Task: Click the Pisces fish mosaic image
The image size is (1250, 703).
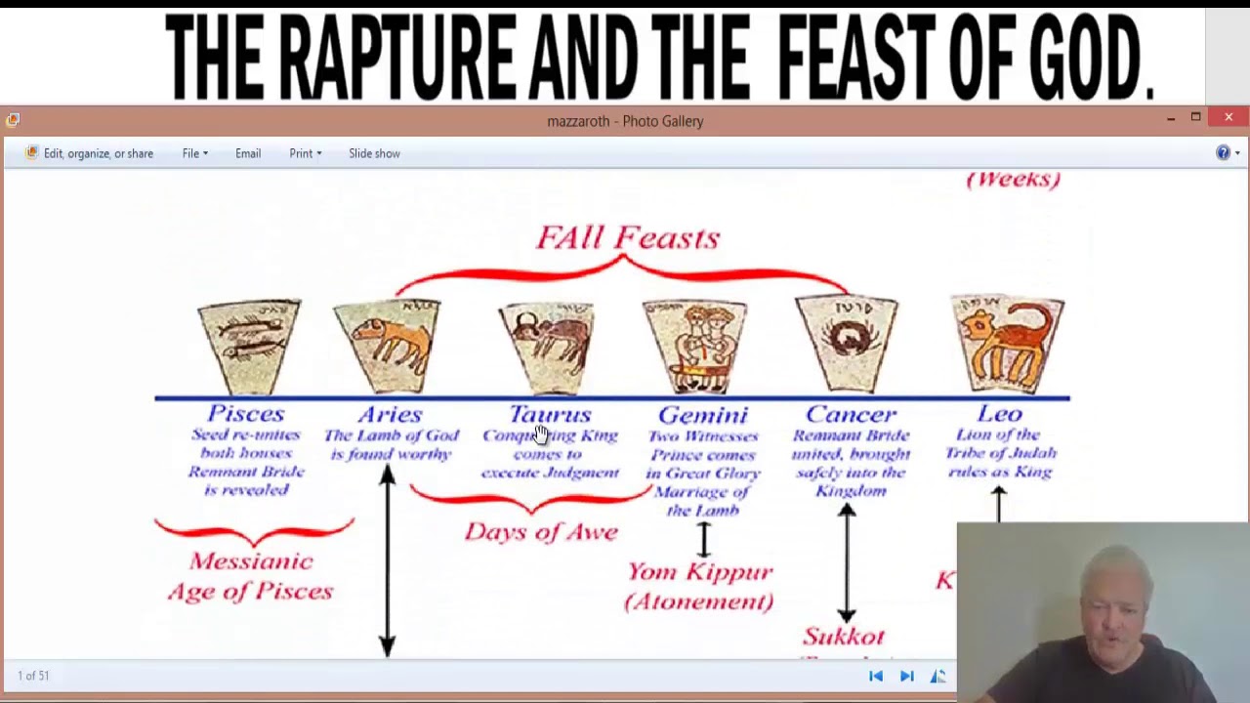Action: [x=249, y=347]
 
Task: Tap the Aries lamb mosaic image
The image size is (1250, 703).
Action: [x=387, y=345]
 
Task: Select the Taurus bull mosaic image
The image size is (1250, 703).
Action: [x=547, y=347]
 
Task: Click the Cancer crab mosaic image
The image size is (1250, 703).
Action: [x=847, y=345]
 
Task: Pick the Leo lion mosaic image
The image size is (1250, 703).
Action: [x=1008, y=345]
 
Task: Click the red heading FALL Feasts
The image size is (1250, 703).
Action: [x=628, y=237]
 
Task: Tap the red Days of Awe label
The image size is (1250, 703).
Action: [x=541, y=531]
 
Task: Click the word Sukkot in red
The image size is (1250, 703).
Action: [x=844, y=637]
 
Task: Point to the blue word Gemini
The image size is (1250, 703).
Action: [x=702, y=415]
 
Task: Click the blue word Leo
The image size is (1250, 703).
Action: [x=999, y=414]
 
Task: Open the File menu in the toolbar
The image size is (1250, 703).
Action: [x=194, y=153]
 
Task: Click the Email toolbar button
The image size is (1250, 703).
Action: [x=248, y=153]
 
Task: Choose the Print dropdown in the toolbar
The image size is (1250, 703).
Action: [x=305, y=153]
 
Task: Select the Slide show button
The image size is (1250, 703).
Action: [x=374, y=153]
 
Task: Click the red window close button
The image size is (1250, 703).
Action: [x=1229, y=118]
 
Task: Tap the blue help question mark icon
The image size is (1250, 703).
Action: [x=1223, y=153]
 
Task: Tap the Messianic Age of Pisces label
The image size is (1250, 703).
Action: [x=251, y=576]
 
